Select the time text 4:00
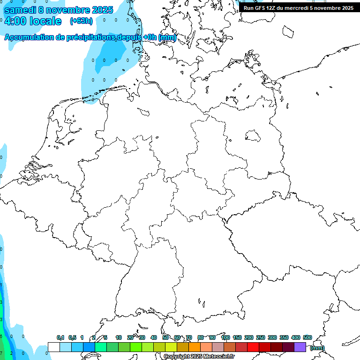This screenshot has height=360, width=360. [15, 21]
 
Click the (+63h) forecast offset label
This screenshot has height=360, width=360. [81, 21]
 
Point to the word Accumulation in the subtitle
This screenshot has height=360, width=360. [29, 37]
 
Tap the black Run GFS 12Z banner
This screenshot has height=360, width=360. [299, 8]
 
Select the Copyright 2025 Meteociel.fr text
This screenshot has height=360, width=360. [199, 357]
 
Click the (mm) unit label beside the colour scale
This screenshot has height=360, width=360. [317, 348]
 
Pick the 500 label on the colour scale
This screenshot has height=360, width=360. [307, 337]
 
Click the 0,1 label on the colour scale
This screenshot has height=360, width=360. [60, 337]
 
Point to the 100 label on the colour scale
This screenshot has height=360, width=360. [225, 337]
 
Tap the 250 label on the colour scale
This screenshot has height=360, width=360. [261, 337]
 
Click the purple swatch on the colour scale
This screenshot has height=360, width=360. [300, 347]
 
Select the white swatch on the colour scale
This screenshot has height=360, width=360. [54, 347]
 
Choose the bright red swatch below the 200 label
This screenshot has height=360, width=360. [253, 347]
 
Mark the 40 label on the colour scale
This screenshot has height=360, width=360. [154, 337]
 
